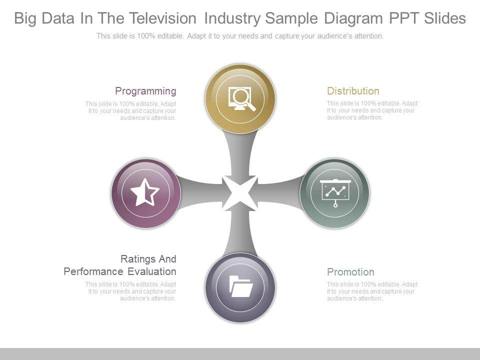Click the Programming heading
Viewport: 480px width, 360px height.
145,91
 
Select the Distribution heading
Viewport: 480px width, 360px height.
353,91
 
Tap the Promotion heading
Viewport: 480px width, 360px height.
350,272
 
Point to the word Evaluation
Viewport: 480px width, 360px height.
151,271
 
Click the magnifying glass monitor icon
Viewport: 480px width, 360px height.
241,98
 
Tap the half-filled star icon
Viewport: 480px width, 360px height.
145,192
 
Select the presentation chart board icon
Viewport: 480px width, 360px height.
334,192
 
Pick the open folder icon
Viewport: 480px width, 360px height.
240,287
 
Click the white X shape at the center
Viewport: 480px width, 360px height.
240,193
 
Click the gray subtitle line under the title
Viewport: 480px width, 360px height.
240,36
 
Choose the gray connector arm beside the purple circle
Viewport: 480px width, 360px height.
200,192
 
